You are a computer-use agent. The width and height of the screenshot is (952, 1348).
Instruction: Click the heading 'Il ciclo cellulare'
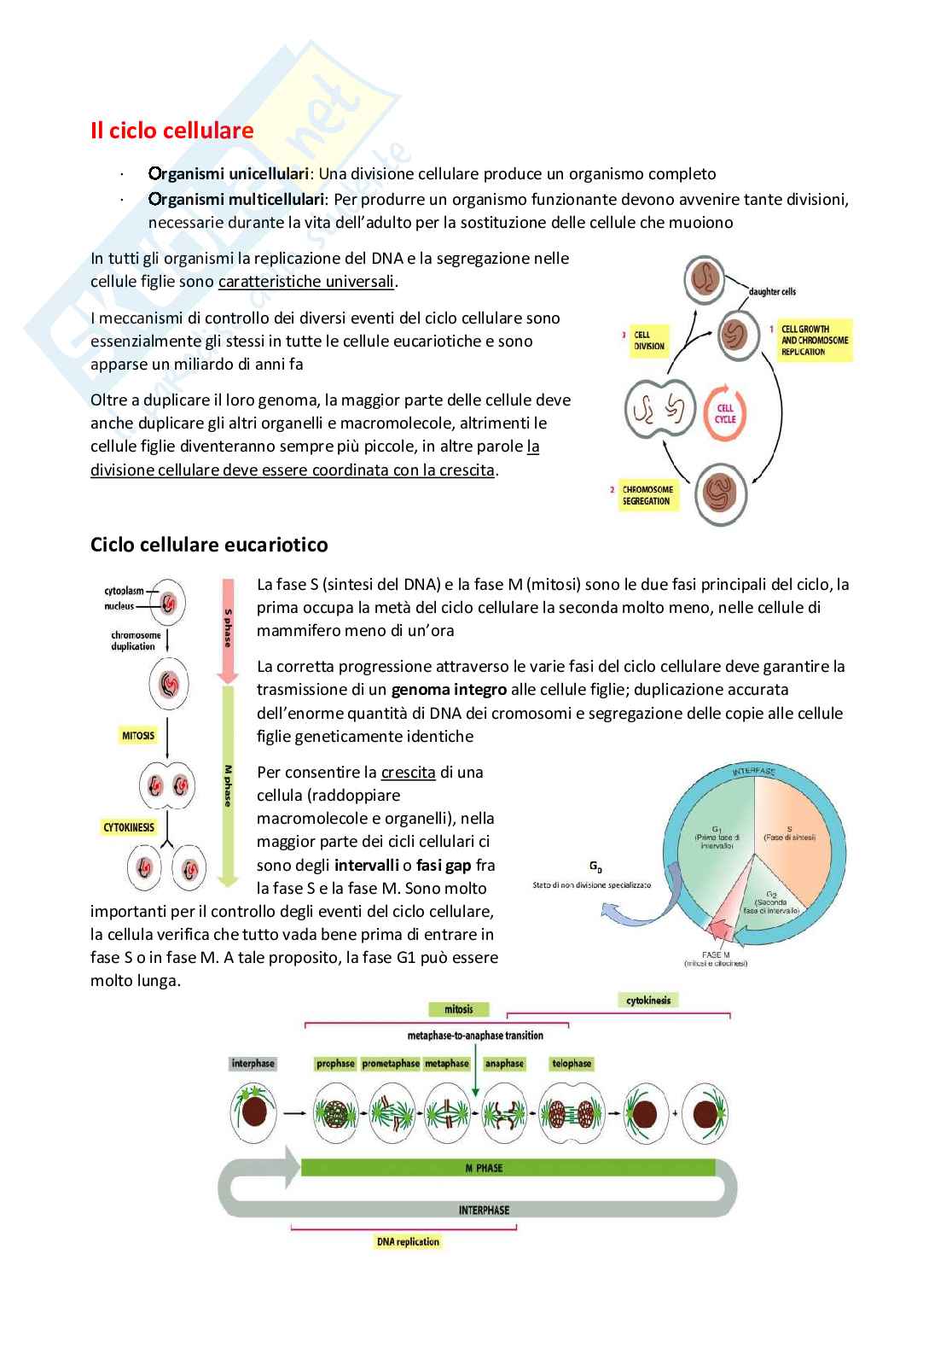tap(171, 131)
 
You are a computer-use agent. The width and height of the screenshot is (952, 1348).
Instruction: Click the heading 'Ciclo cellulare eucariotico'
tap(209, 545)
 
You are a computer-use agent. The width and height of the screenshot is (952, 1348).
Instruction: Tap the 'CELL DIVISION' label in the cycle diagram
tap(649, 341)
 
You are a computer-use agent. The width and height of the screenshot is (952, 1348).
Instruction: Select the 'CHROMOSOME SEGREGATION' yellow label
tap(647, 495)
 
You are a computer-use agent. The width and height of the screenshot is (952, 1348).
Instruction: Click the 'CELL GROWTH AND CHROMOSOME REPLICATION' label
tap(814, 340)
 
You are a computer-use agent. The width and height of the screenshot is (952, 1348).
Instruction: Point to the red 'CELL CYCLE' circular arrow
tap(724, 414)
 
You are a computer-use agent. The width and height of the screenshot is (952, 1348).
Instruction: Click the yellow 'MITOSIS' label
tap(138, 735)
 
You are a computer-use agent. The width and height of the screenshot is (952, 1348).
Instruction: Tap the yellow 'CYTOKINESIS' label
tap(129, 827)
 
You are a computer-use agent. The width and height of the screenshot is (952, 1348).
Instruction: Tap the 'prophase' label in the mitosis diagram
tap(335, 1064)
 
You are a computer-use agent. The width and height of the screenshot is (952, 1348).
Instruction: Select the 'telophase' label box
tap(572, 1064)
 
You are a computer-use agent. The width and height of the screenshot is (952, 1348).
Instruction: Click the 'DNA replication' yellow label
tap(408, 1242)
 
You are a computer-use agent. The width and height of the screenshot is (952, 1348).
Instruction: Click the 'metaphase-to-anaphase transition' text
tap(475, 1036)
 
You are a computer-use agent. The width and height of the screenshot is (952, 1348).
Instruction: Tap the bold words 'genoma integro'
tap(449, 689)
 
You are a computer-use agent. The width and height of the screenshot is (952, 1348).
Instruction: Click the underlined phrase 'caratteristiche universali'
tap(307, 282)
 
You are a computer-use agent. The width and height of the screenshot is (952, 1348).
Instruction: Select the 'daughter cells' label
tap(772, 292)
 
